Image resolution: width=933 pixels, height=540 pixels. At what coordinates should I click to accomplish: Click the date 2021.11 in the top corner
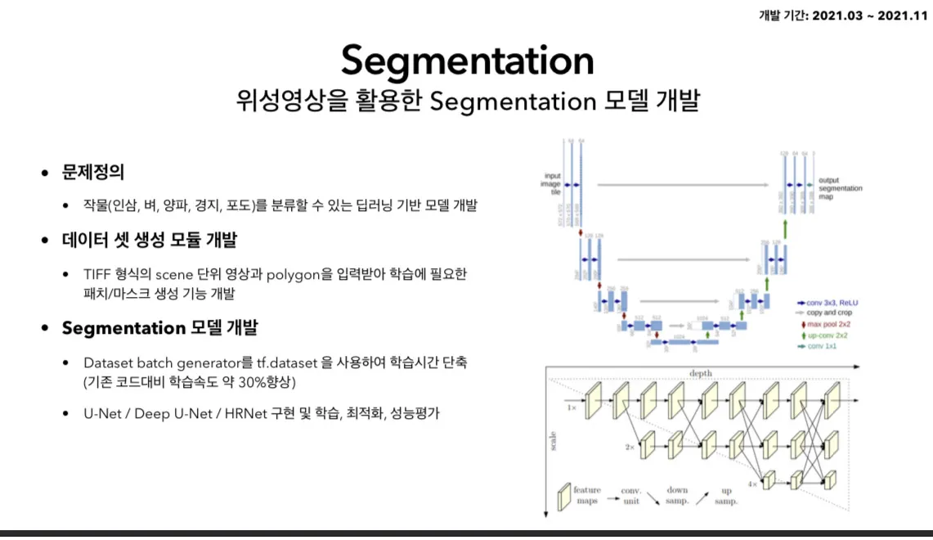click(903, 16)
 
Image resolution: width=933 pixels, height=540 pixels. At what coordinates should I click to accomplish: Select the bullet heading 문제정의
click(93, 173)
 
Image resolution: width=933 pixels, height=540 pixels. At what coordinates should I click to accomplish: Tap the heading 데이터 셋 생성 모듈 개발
click(150, 241)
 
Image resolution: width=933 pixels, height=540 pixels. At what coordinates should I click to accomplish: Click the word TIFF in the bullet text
click(97, 274)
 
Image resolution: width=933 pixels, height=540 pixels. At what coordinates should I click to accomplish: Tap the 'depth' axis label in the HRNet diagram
click(701, 374)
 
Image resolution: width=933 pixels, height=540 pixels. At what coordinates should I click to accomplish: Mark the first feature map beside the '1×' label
click(593, 402)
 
